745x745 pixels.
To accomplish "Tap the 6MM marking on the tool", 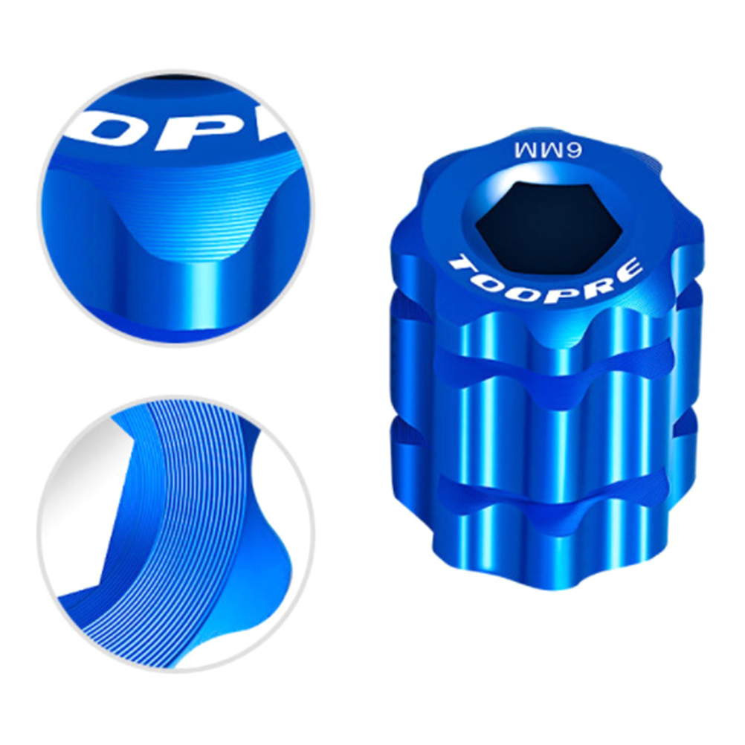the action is [x=549, y=149].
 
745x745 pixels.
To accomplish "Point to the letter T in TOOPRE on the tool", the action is [x=461, y=266].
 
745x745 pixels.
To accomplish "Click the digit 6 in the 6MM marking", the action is [x=575, y=150].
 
